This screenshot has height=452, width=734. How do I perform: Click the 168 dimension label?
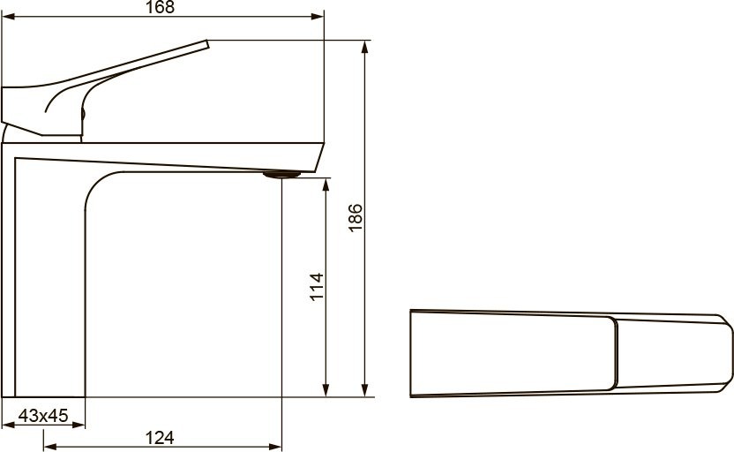160,7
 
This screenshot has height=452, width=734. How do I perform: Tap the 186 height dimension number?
356,217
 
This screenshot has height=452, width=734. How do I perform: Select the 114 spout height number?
317,286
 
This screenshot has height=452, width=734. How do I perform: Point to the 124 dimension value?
160,438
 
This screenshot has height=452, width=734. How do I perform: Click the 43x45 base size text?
43,415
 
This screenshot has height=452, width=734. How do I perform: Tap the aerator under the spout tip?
281,175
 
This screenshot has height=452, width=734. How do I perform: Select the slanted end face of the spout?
318,157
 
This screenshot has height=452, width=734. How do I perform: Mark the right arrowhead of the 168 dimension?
318,17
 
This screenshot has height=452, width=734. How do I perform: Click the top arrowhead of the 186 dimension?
365,47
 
